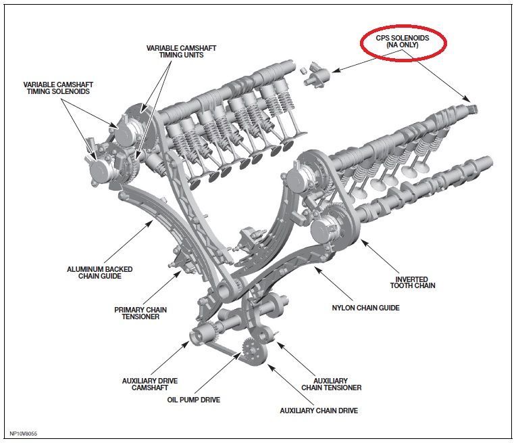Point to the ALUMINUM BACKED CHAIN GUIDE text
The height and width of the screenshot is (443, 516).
tap(100, 273)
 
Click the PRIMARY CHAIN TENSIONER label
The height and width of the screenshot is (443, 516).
tap(140, 313)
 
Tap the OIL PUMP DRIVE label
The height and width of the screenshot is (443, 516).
tap(194, 400)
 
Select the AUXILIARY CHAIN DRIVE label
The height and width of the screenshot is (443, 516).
tap(319, 411)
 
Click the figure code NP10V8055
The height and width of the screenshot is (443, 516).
tap(23, 433)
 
